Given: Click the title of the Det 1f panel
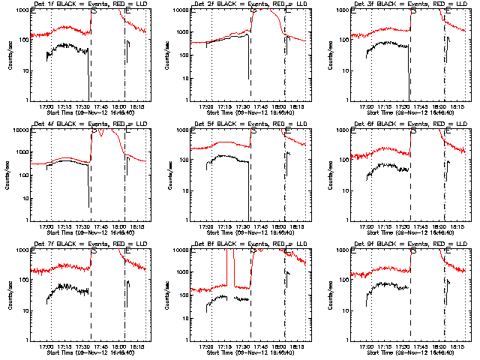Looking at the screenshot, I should point(82,4).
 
